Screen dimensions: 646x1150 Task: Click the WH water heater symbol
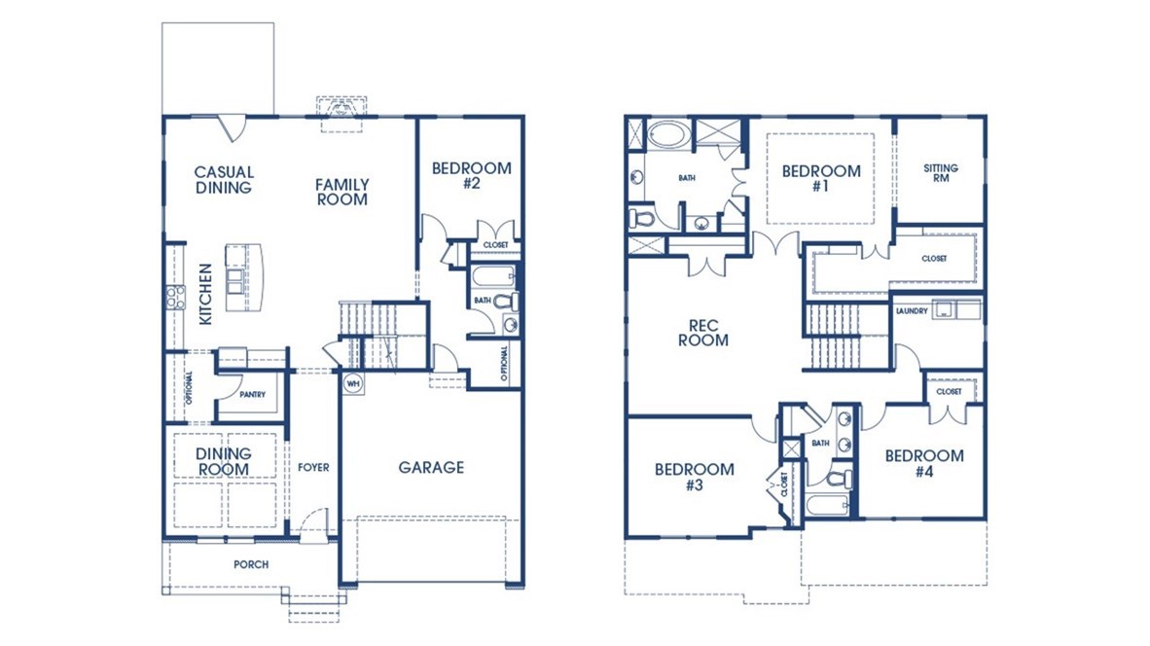[x=351, y=383]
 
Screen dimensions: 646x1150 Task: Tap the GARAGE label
[x=431, y=468]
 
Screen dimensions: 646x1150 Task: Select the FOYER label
[x=313, y=468]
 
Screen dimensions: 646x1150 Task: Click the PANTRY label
[x=252, y=396]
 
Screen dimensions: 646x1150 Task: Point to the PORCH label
[x=251, y=564]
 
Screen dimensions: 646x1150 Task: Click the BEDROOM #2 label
[x=471, y=175]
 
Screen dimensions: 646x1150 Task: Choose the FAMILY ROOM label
[x=341, y=192]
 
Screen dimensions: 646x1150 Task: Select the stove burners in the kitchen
[x=176, y=297]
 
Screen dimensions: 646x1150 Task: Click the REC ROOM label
[x=708, y=333]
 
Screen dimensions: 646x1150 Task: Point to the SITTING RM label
[x=940, y=173]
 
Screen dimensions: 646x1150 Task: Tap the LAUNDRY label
[x=911, y=311]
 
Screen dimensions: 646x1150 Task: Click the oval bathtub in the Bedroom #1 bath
[x=667, y=134]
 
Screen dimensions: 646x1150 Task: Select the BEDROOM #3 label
[x=694, y=477]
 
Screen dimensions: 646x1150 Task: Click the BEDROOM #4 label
[x=923, y=463]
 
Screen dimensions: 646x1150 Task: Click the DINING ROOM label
[x=224, y=461]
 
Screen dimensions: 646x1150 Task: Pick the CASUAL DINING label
[x=224, y=180]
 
